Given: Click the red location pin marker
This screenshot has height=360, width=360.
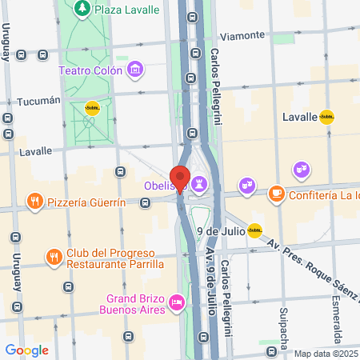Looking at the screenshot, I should (x=179, y=178).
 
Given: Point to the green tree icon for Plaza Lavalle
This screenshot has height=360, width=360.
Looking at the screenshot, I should (x=82, y=8).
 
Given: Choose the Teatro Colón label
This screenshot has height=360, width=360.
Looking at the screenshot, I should (x=90, y=70).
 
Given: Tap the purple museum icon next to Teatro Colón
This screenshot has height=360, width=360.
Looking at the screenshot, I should (x=135, y=70).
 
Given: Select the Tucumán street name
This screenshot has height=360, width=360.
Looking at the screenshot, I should (x=38, y=101).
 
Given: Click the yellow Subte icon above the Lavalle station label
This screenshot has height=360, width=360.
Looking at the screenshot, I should (x=326, y=117).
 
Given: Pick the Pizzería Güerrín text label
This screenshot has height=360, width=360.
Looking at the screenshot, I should (x=87, y=202).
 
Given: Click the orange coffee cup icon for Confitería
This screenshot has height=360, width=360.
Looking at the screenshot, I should (x=276, y=193).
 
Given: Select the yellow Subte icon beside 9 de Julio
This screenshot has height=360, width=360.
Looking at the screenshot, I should (x=254, y=231).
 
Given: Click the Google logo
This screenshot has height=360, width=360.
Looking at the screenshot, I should (x=26, y=350).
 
